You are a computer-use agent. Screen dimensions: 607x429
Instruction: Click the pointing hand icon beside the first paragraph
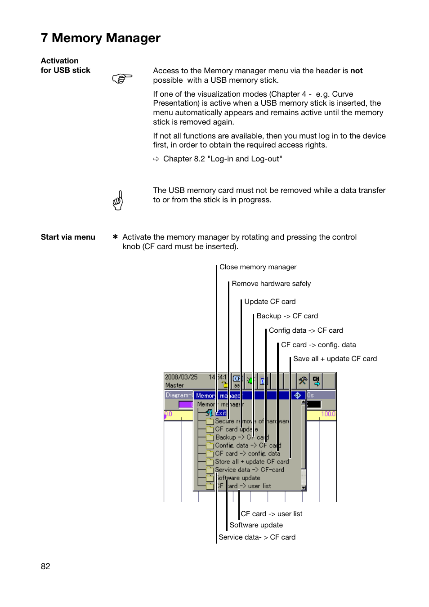pyautogui.click(x=122, y=78)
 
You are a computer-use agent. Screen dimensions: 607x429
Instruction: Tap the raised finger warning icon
pyautogui.click(x=118, y=201)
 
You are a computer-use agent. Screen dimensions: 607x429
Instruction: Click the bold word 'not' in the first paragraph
pyautogui.click(x=356, y=71)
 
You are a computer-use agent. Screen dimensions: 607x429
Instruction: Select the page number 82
pyautogui.click(x=45, y=567)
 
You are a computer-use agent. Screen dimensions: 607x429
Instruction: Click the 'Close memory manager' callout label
pyautogui.click(x=258, y=267)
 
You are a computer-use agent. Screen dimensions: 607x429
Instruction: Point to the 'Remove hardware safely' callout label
pyautogui.click(x=271, y=284)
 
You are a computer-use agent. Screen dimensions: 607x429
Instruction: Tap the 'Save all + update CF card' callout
pyautogui.click(x=335, y=359)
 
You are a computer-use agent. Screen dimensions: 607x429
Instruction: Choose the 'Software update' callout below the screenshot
pyautogui.click(x=256, y=525)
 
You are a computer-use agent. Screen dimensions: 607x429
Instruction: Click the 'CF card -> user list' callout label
pyautogui.click(x=271, y=514)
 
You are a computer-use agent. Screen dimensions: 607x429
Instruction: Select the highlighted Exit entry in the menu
pyautogui.click(x=221, y=413)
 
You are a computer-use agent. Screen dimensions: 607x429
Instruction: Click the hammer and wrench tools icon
pyautogui.click(x=303, y=381)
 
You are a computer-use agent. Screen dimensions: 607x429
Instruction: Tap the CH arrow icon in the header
pyautogui.click(x=316, y=381)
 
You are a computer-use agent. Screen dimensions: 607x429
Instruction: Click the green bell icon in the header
pyautogui.click(x=250, y=381)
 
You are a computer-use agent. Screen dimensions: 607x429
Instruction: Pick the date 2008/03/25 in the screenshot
pyautogui.click(x=181, y=377)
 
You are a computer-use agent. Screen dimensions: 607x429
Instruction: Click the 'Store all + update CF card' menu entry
pyautogui.click(x=252, y=462)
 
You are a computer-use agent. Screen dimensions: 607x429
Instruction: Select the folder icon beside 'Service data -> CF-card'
pyautogui.click(x=210, y=470)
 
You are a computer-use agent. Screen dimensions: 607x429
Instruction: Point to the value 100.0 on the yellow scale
pyautogui.click(x=328, y=414)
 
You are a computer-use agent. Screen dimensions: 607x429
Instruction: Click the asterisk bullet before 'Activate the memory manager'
pyautogui.click(x=115, y=237)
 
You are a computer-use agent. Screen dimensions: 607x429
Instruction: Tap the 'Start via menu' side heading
pyautogui.click(x=68, y=237)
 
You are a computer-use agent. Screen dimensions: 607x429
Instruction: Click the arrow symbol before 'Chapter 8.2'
pyautogui.click(x=156, y=159)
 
